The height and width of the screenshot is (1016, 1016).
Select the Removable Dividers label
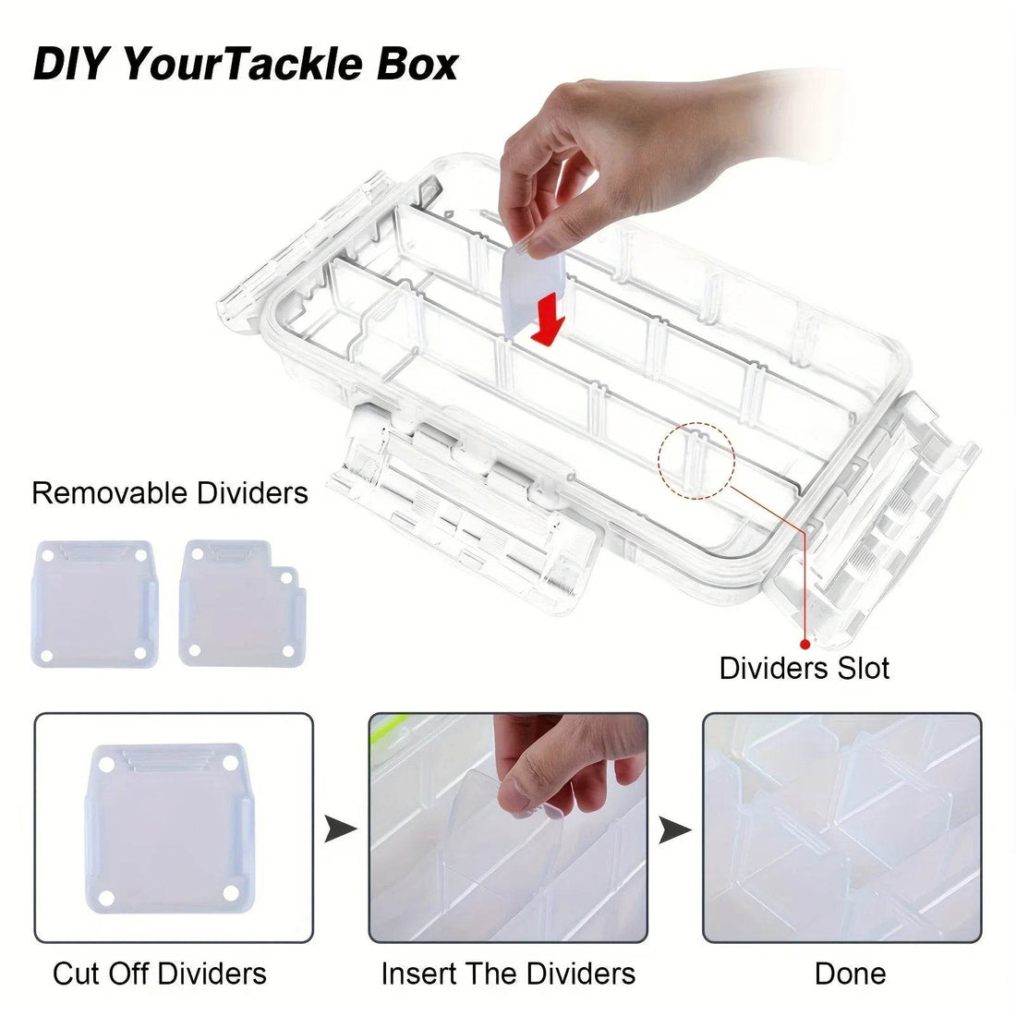tap(170, 493)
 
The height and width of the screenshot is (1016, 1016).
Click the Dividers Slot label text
tap(804, 668)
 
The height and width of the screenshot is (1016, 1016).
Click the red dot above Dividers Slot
tap(804, 644)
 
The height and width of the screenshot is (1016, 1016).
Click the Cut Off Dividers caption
tap(160, 973)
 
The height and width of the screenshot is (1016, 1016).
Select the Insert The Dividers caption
tap(508, 973)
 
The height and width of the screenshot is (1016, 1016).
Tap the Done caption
tap(850, 973)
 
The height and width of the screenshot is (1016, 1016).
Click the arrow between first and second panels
tap(341, 829)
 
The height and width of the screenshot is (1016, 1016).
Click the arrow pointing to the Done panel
tap(675, 829)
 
